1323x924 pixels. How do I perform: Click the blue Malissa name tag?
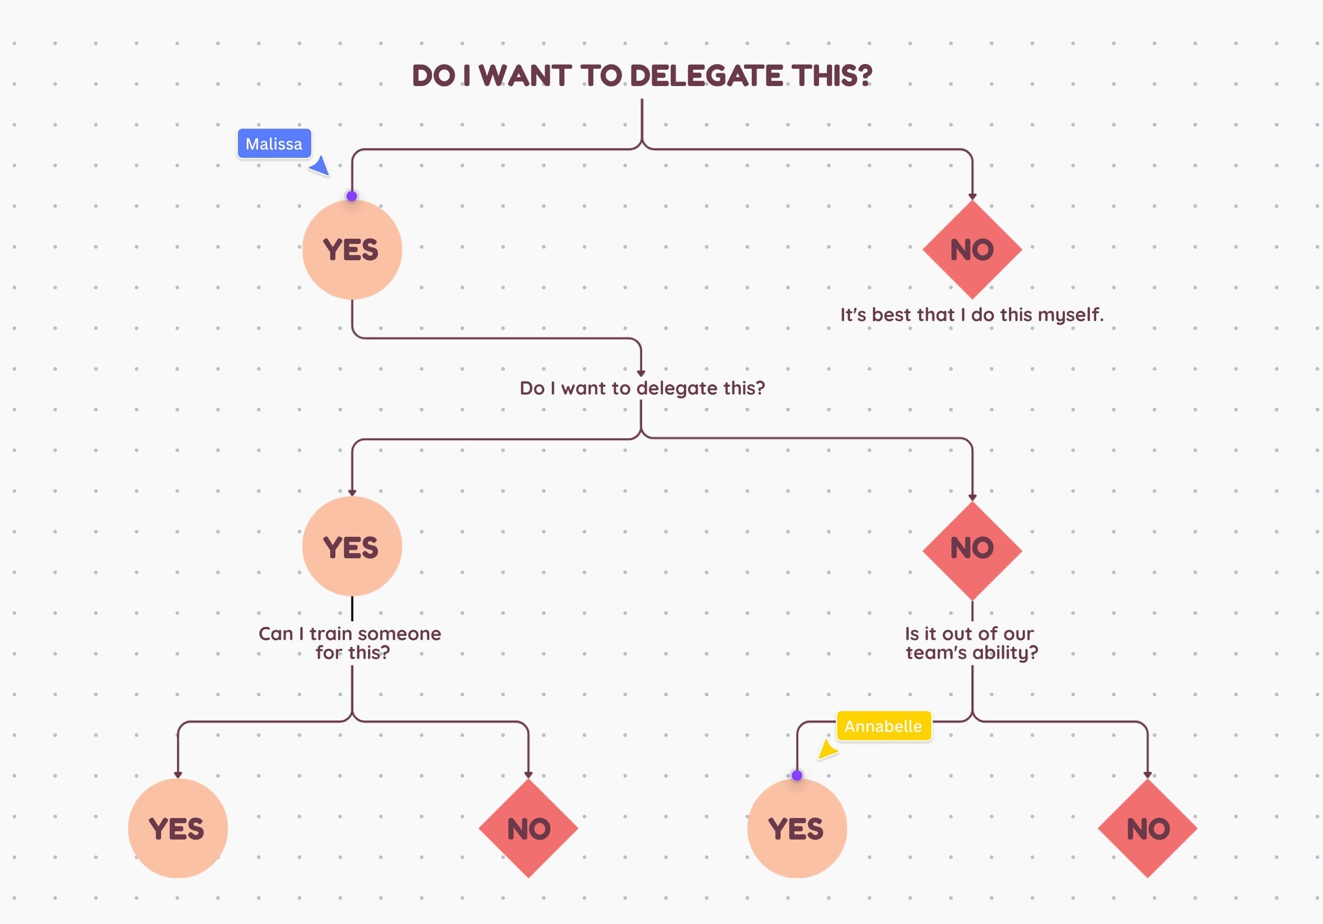pyautogui.click(x=274, y=143)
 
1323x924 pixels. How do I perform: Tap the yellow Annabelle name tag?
pyautogui.click(x=884, y=726)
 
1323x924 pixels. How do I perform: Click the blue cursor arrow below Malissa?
pyautogui.click(x=320, y=166)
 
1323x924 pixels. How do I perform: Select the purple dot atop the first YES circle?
pyautogui.click(x=352, y=196)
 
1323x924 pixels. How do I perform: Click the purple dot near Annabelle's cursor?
pyautogui.click(x=797, y=776)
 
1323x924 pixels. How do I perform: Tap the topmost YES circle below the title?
pyautogui.click(x=352, y=250)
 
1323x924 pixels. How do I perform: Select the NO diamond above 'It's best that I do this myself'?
pyautogui.click(x=972, y=250)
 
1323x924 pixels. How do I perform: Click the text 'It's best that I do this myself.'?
pyautogui.click(x=971, y=314)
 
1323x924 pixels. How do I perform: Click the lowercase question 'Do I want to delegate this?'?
pyautogui.click(x=642, y=388)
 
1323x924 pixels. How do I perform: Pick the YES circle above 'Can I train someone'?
pyautogui.click(x=352, y=547)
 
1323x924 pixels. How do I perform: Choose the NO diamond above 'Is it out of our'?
pyautogui.click(x=972, y=549)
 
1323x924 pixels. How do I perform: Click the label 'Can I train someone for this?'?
pyautogui.click(x=350, y=642)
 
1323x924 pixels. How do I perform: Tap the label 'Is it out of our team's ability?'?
pyautogui.click(x=971, y=642)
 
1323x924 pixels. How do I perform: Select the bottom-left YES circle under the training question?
pyautogui.click(x=177, y=829)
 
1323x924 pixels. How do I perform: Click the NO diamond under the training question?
pyautogui.click(x=528, y=829)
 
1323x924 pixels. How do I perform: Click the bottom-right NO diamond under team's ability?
pyautogui.click(x=1147, y=829)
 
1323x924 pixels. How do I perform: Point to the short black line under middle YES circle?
pyautogui.click(x=352, y=608)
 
